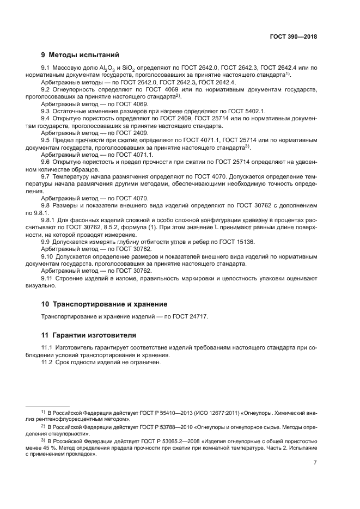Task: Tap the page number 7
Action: [x=315, y=463]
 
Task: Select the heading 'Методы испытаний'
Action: [x=76, y=54]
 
